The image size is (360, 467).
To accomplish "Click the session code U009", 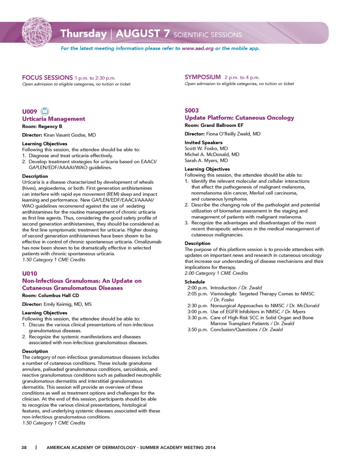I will coord(30,111).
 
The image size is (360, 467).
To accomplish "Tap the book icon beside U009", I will coord(45,111).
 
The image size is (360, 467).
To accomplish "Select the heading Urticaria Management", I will coord(54,119).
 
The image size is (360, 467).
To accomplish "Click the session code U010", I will coord(30,273).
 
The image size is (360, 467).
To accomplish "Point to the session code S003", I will coord(192,110).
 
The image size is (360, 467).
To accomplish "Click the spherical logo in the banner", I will coord(37,32).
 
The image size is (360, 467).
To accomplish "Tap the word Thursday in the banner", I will coord(84,34).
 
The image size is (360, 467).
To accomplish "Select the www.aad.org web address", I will coord(198,48).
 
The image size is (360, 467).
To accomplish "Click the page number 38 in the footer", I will coord(24,447).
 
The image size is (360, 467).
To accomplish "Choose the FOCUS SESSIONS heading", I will coord(47,78).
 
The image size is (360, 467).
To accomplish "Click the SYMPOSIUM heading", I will coord(202,77).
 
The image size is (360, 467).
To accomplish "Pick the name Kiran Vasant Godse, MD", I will coord(70,135).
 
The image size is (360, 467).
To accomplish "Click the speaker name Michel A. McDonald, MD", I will coord(212,155).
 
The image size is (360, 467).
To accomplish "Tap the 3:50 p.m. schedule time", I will coord(198,330).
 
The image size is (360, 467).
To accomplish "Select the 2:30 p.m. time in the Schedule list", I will coord(198,306).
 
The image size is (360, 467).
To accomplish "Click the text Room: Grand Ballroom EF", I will coord(214,125).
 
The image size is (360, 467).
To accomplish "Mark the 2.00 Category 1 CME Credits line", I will coord(216,273).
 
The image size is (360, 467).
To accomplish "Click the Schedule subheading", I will coord(195,282).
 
